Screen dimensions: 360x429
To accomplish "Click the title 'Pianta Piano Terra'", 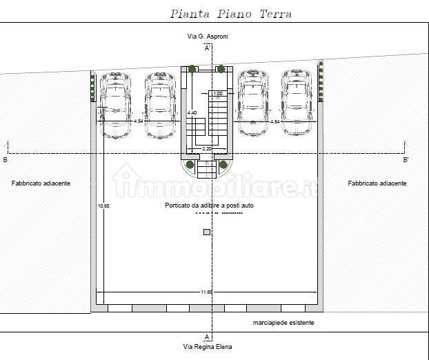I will pyautogui.click(x=230, y=14).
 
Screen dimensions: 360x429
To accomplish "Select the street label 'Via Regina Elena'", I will pyautogui.click(x=207, y=347).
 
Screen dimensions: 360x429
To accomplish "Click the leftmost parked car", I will pyautogui.click(x=115, y=105).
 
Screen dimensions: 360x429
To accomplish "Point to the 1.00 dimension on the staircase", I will pyautogui.click(x=217, y=94).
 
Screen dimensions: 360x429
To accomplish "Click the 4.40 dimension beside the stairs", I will pyautogui.click(x=192, y=112).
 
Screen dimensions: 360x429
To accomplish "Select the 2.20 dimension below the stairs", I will pyautogui.click(x=206, y=148).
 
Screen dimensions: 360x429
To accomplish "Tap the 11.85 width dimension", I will pyautogui.click(x=206, y=292).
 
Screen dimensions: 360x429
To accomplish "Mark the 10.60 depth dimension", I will pyautogui.click(x=103, y=206).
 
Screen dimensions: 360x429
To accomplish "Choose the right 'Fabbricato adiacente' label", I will pyautogui.click(x=377, y=183).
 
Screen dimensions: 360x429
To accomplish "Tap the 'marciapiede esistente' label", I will pyautogui.click(x=283, y=323).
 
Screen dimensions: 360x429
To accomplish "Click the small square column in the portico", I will pyautogui.click(x=206, y=232).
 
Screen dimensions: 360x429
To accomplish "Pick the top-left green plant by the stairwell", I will pyautogui.click(x=190, y=69).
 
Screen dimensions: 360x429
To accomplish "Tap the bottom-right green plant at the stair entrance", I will pyautogui.click(x=223, y=164).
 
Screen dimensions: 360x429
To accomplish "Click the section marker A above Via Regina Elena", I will pyautogui.click(x=207, y=337).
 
